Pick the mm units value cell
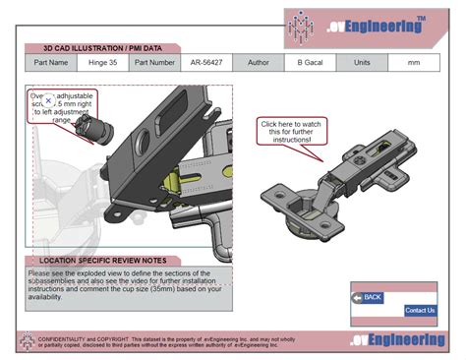point(414,63)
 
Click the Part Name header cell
point(51,63)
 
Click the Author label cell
point(258,63)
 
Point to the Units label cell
point(362,63)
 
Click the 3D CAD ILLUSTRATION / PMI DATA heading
point(102,47)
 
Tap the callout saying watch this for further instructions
point(291,132)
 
